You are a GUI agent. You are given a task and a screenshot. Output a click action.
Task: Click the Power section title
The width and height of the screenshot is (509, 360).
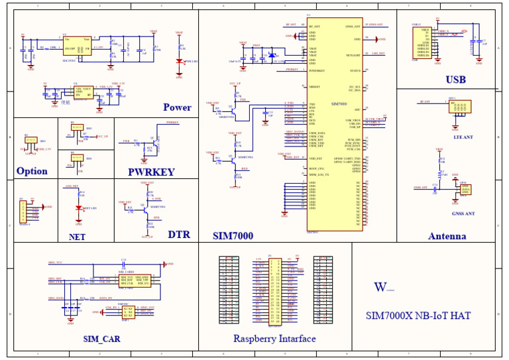tap(177, 107)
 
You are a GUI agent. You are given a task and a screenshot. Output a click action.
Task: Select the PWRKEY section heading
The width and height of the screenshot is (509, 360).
tap(151, 172)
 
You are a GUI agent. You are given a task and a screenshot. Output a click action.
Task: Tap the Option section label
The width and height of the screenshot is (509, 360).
tap(32, 171)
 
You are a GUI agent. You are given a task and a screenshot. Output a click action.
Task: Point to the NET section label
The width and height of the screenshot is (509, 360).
tap(77, 236)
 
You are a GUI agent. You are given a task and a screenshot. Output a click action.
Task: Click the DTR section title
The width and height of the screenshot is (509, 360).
tap(178, 235)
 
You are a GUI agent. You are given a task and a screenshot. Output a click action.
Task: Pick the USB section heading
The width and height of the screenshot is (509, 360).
tap(455, 80)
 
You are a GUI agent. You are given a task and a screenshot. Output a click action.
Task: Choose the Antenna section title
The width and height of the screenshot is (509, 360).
tap(447, 236)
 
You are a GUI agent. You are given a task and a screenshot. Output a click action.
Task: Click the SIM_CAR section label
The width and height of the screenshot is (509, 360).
tap(102, 339)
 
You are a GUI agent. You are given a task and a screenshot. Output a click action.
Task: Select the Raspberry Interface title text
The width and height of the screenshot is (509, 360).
tap(274, 339)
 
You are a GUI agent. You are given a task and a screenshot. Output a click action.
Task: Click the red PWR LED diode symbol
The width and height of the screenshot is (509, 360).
tap(179, 62)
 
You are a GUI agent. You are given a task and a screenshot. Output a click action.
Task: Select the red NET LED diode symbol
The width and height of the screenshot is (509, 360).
tap(79, 208)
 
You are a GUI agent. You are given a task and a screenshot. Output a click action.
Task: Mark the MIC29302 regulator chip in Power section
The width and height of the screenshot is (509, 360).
tap(77, 44)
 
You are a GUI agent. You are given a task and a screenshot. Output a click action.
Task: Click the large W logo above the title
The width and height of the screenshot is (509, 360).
tap(380, 287)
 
